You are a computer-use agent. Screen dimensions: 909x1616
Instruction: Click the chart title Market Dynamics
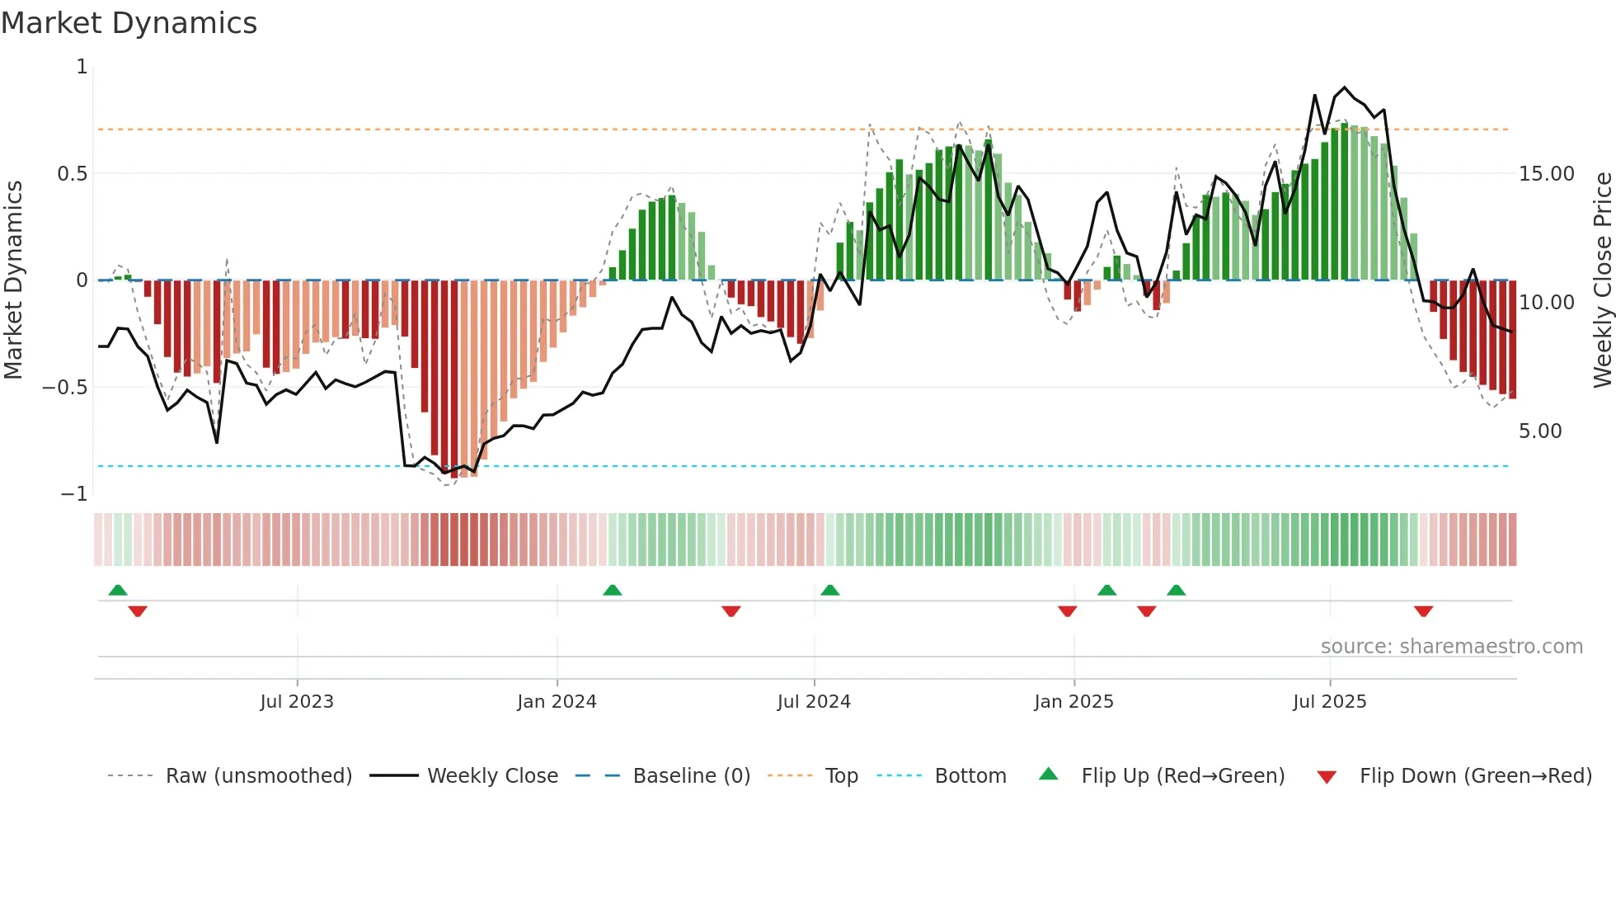pos(129,23)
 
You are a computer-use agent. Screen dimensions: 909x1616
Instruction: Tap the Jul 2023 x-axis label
pos(297,702)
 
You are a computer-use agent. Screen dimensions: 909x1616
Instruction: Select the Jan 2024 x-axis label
pos(557,702)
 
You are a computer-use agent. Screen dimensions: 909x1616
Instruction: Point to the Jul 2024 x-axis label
pos(814,702)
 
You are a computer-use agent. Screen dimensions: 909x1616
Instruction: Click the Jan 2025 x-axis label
pos(1073,702)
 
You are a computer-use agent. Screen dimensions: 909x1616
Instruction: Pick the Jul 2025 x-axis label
pos(1329,702)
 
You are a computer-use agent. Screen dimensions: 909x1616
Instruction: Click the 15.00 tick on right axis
pos(1547,174)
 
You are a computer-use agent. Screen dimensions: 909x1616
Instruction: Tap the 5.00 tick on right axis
pos(1540,431)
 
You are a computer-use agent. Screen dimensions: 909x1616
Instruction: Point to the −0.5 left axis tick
pos(64,388)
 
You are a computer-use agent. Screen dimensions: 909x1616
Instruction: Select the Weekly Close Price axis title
pos(1602,280)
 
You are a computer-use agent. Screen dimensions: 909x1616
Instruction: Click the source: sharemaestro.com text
pos(1451,647)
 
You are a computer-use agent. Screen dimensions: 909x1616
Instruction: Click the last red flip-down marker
pos(1423,611)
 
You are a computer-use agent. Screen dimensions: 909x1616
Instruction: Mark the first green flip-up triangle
pos(118,590)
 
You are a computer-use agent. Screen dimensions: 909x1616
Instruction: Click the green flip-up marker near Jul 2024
pos(830,590)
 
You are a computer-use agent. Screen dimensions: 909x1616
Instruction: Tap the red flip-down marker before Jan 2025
pos(1067,611)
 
